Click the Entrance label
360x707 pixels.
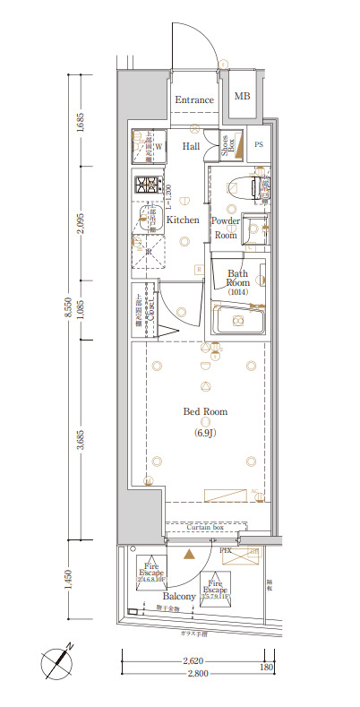coord(194,100)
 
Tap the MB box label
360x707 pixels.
coord(242,97)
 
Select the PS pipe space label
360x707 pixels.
coord(259,144)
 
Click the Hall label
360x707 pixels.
coord(191,146)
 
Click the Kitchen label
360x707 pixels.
coord(183,220)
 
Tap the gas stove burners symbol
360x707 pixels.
coord(145,185)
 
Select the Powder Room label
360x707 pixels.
coord(225,228)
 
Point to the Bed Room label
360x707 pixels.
coord(205,412)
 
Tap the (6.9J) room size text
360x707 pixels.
coord(205,434)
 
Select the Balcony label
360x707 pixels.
coord(179,596)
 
